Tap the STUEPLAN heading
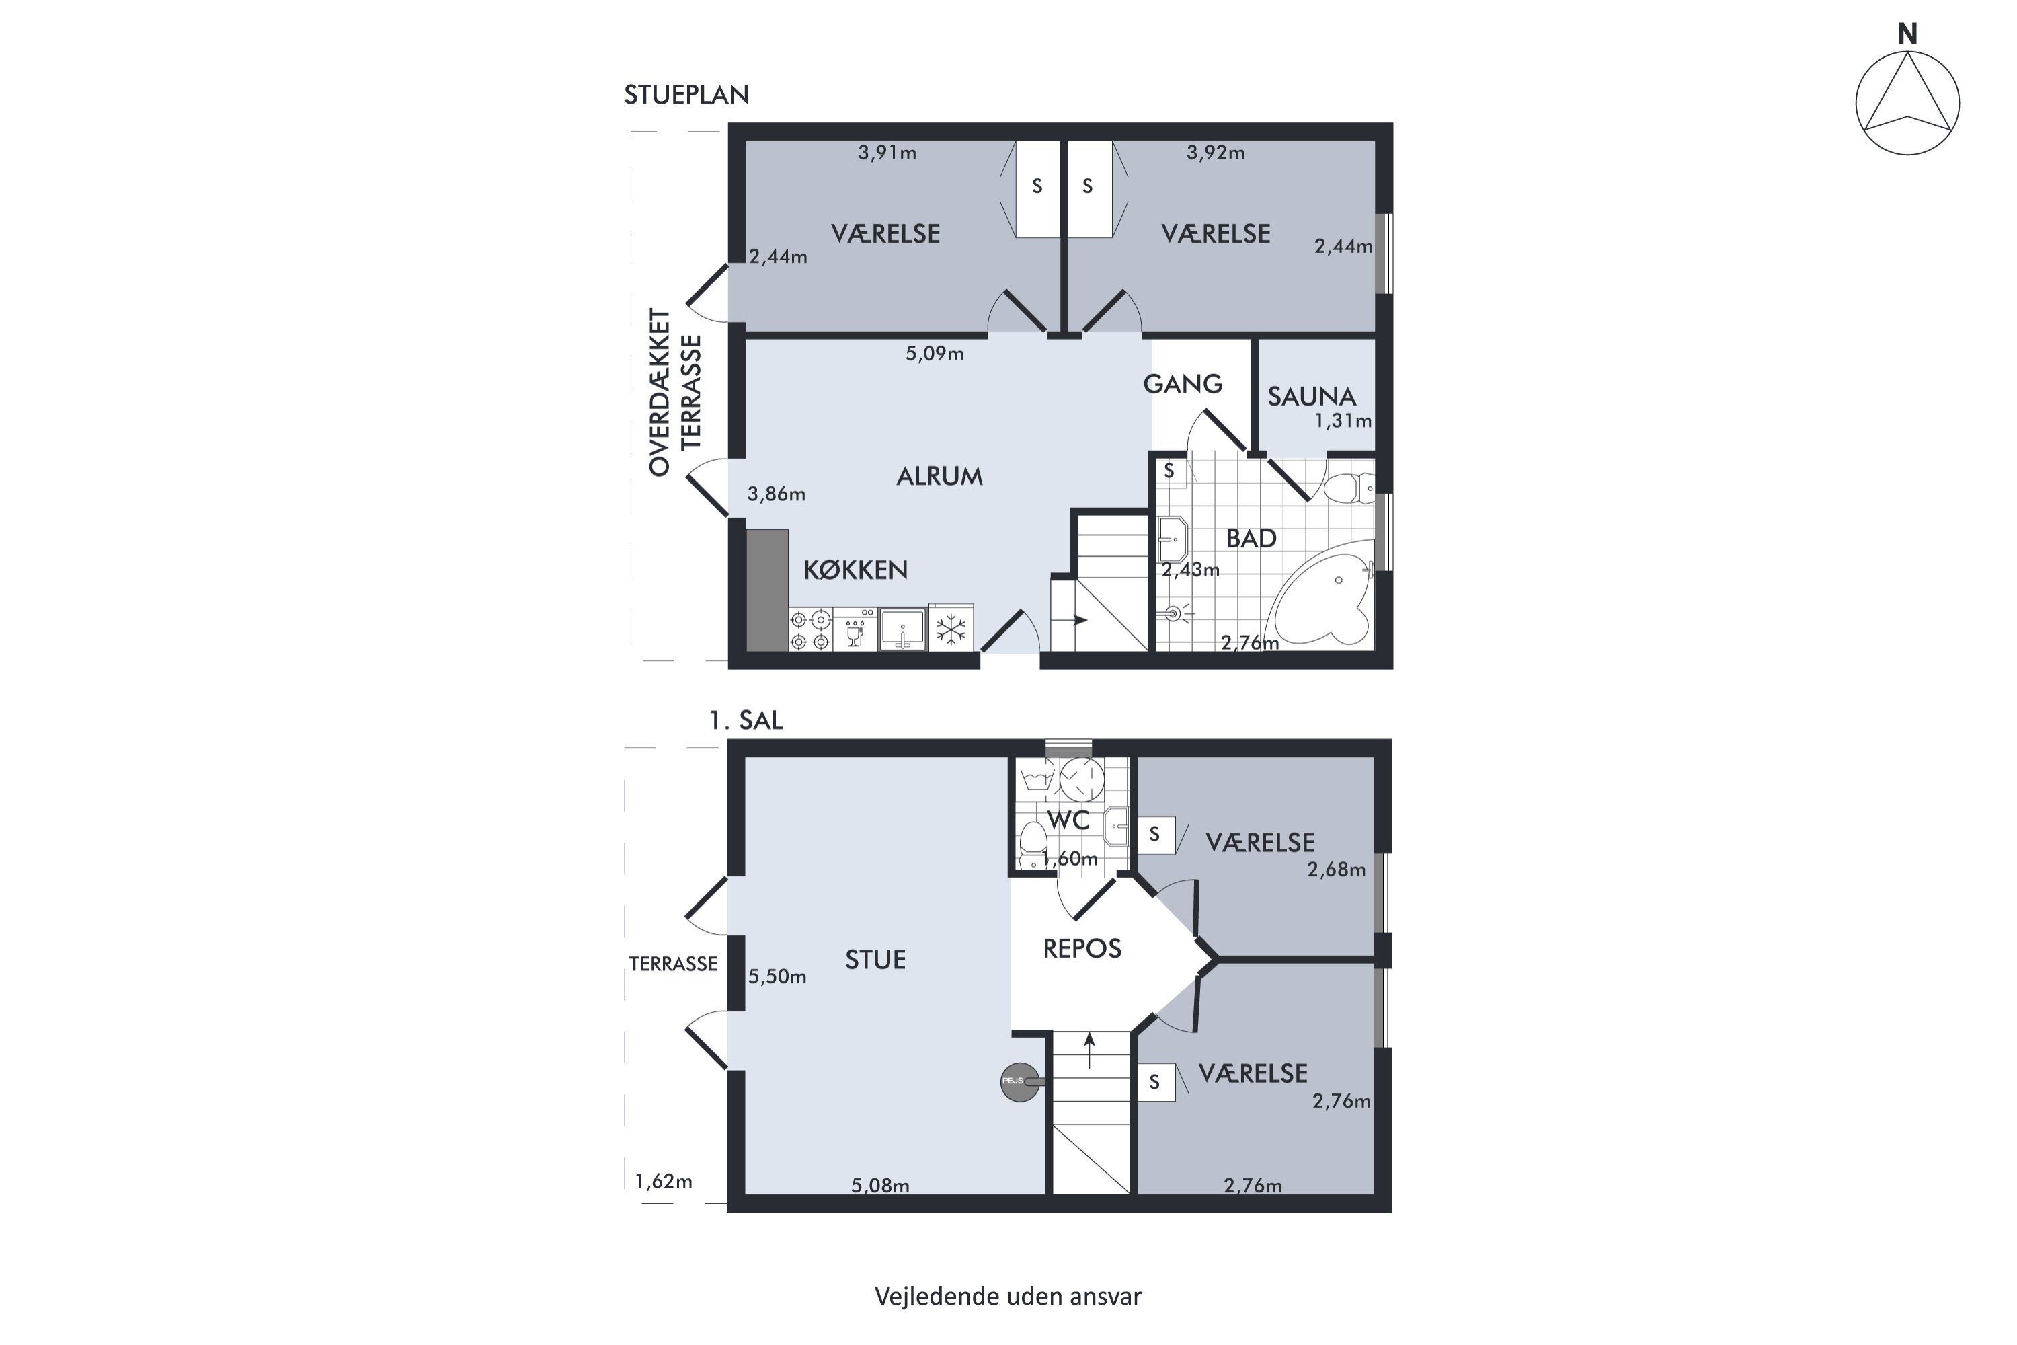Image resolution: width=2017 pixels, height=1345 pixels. [x=686, y=94]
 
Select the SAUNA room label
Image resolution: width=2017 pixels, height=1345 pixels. [x=1311, y=396]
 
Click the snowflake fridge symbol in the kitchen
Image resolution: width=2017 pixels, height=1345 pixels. [x=950, y=629]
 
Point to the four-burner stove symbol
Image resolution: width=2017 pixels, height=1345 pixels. [x=810, y=629]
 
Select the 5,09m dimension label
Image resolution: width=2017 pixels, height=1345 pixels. [x=935, y=354]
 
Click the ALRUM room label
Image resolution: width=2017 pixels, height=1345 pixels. [x=939, y=476]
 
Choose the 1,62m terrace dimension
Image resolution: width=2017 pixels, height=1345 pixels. [x=664, y=1181]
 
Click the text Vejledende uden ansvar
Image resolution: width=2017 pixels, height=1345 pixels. [x=1008, y=1295]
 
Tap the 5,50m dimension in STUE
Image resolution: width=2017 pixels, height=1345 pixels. [x=777, y=976]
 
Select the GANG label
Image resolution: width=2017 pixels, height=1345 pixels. [x=1183, y=383]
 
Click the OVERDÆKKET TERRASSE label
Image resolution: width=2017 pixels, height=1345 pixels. [x=675, y=392]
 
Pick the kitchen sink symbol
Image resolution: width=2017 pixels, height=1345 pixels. [x=903, y=629]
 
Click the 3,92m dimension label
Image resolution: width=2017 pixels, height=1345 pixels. [x=1215, y=153]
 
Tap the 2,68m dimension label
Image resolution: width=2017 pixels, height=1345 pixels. [x=1336, y=870]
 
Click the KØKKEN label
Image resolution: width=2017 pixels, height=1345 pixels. [x=855, y=570]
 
